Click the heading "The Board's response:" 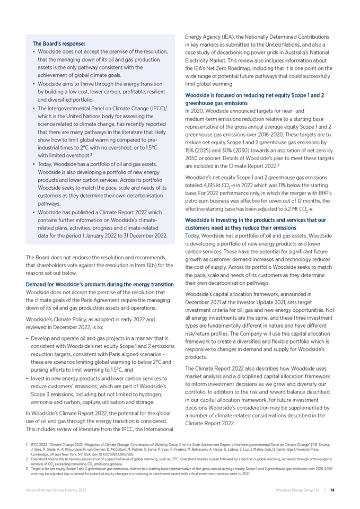[59, 43]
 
